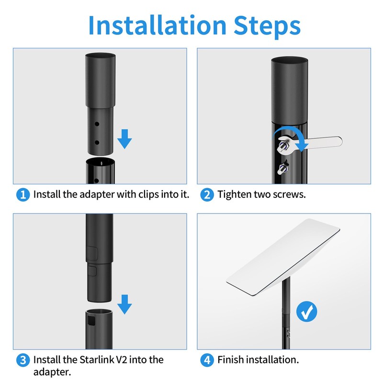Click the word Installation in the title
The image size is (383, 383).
pyautogui.click(x=158, y=25)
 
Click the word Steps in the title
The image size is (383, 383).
pyautogui.click(x=267, y=27)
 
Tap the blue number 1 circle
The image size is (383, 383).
pyautogui.click(x=23, y=195)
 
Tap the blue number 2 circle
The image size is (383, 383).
pyautogui.click(x=207, y=195)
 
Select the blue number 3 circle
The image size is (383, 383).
pyautogui.click(x=23, y=360)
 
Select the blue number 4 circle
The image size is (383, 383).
pyautogui.click(x=207, y=360)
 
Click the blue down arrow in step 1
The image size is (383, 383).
pyautogui.click(x=124, y=139)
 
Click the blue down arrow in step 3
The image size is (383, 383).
pyautogui.click(x=124, y=304)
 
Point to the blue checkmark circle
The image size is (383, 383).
pyautogui.click(x=306, y=312)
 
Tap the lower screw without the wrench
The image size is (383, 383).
pyautogui.click(x=283, y=168)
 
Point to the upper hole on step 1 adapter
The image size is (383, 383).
pyautogui.click(x=97, y=124)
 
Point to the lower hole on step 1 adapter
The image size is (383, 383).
pyautogui.click(x=97, y=142)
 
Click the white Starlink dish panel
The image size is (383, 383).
pyautogui.click(x=283, y=257)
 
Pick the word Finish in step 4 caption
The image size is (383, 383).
pyautogui.click(x=231, y=360)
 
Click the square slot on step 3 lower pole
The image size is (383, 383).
pyautogui.click(x=91, y=321)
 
